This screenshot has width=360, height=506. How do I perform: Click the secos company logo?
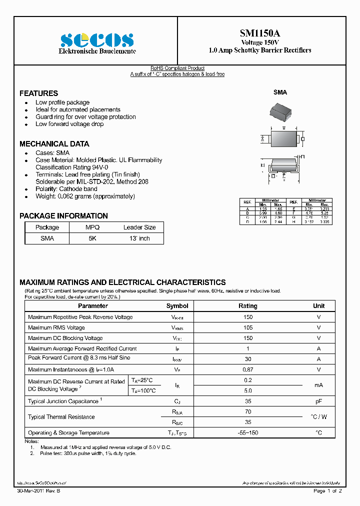click(x=97, y=40)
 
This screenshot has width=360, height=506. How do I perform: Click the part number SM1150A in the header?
click(x=259, y=33)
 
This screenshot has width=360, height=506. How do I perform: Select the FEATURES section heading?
click(x=38, y=93)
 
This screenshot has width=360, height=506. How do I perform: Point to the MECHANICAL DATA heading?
click(x=54, y=143)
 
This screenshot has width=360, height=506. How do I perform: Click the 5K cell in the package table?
click(x=92, y=238)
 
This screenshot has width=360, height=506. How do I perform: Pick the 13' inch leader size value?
click(x=139, y=238)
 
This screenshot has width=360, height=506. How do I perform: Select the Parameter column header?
click(x=92, y=306)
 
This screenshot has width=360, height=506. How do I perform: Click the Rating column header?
click(x=247, y=306)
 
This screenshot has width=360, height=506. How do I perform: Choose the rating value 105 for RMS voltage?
click(x=247, y=327)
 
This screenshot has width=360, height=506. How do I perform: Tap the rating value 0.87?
click(x=247, y=369)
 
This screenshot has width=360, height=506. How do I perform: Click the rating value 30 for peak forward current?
click(x=247, y=359)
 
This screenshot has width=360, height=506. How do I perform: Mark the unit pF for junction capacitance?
click(x=318, y=401)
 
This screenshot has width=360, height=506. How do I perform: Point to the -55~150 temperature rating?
click(x=247, y=432)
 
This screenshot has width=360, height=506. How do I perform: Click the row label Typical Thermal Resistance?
click(x=61, y=417)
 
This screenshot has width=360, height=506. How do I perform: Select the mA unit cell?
click(x=318, y=385)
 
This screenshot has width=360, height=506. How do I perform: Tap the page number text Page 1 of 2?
click(x=327, y=491)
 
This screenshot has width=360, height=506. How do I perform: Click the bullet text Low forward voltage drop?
click(x=69, y=124)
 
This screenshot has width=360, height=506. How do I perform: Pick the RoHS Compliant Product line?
click(x=177, y=68)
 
